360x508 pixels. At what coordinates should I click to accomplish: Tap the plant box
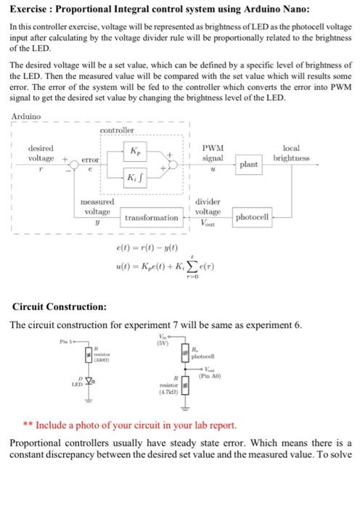point(248,165)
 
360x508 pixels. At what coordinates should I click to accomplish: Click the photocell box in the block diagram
point(254,216)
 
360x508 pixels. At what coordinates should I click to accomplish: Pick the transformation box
point(151,217)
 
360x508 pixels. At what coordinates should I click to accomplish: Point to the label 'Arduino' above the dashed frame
point(26,116)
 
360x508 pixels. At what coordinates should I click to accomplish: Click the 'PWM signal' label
point(213,152)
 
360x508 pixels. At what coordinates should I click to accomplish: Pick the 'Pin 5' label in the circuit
point(70,341)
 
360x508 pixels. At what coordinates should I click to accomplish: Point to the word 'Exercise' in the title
point(33,9)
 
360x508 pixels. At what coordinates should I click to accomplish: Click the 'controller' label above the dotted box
point(116,131)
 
